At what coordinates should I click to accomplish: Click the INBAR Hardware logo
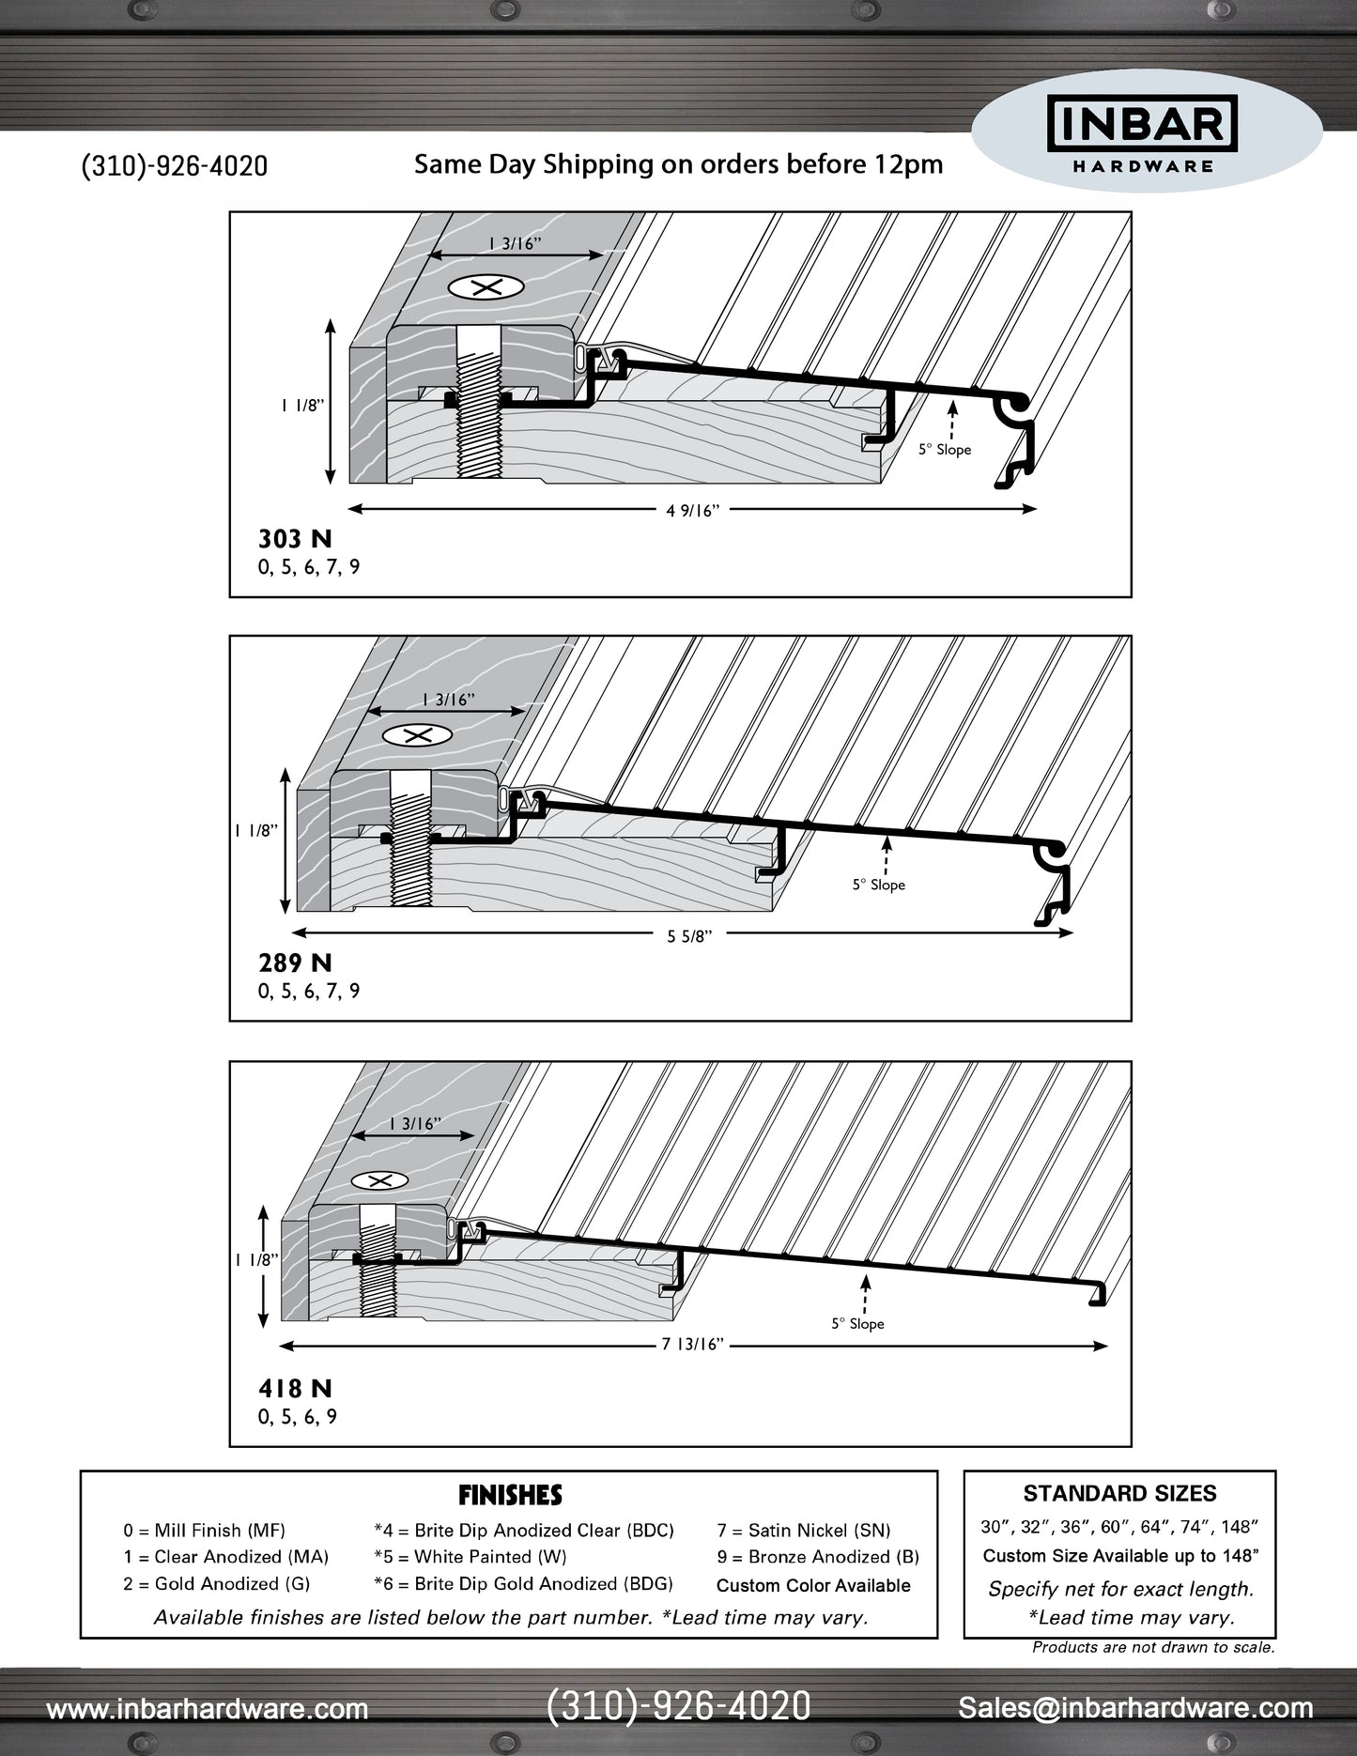pos(1143,133)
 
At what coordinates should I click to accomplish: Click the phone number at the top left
pos(175,166)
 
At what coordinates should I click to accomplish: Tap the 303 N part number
pos(295,539)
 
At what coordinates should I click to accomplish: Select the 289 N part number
pos(295,963)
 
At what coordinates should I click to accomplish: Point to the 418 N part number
pos(295,1389)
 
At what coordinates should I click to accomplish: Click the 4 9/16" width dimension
pos(692,511)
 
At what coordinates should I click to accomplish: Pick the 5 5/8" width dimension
pos(689,936)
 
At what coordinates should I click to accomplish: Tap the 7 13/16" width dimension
pos(692,1345)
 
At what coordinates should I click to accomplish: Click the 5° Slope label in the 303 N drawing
pos(944,450)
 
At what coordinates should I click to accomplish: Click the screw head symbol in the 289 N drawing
pos(418,735)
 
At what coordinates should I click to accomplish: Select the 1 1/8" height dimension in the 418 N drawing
pos(256,1260)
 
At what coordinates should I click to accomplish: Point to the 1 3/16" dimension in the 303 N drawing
pos(515,244)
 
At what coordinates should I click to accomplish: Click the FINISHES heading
pos(510,1495)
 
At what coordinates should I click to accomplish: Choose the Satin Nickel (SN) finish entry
pos(804,1531)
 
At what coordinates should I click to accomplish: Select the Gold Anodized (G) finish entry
pos(216,1584)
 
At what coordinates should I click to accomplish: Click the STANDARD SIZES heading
pos(1119,1493)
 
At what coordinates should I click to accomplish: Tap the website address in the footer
pos(208,1708)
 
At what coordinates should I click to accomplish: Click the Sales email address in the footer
pos(1135,1707)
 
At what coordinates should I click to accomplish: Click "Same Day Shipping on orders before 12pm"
pos(678,164)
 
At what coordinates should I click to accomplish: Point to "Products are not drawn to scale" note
pos(1153,1647)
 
